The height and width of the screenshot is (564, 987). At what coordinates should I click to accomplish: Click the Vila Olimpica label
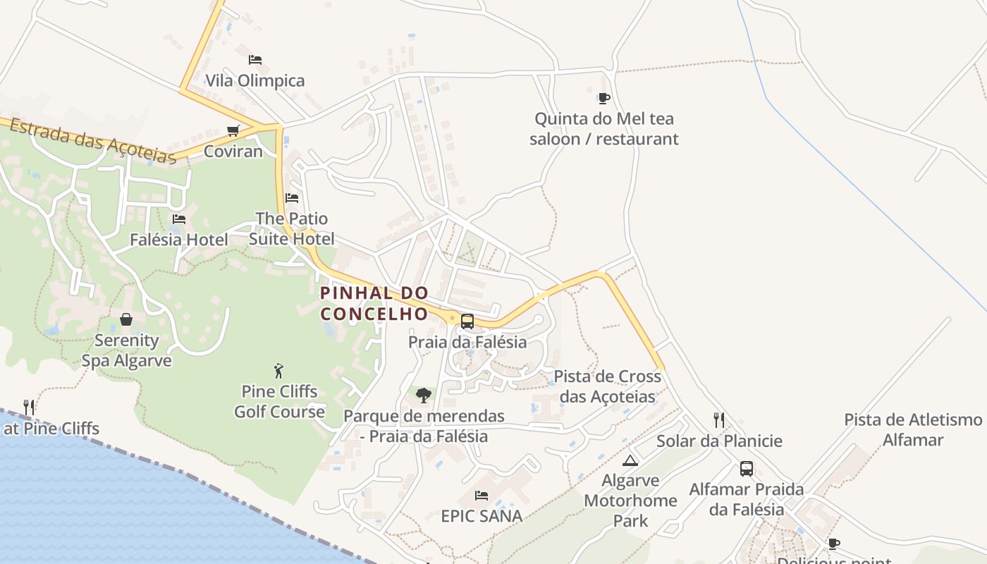point(255,80)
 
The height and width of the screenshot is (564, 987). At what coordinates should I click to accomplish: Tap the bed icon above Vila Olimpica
point(255,60)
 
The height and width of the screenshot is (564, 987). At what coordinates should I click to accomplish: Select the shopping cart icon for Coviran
point(233,130)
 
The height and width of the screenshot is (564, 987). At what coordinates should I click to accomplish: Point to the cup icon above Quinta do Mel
point(603,98)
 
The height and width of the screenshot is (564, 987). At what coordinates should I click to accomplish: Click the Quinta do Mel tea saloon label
point(604,128)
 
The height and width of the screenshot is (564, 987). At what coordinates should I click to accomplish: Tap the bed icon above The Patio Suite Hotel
point(292,198)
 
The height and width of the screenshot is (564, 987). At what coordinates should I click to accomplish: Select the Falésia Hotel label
point(179,240)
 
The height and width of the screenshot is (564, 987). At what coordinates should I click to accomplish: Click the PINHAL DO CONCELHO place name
point(374,303)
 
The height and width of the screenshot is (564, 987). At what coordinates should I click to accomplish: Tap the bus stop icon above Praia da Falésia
point(467,321)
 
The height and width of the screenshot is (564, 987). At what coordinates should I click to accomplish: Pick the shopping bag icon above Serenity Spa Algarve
point(126,320)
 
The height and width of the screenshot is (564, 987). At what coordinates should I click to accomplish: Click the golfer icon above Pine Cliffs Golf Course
point(279,371)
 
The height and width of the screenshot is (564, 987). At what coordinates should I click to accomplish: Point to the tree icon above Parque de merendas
point(424,396)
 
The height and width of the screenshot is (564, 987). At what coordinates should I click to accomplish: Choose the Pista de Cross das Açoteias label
point(608,386)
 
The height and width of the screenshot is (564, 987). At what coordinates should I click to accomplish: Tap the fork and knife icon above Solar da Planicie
point(719,420)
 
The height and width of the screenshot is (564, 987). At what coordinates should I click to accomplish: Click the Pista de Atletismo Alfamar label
point(913,430)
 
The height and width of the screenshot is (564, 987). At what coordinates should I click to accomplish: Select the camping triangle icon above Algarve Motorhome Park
point(630,461)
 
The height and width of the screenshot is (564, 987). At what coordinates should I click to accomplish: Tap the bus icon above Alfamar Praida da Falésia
point(746,469)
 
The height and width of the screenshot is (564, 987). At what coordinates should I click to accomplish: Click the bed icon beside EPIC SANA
point(482,496)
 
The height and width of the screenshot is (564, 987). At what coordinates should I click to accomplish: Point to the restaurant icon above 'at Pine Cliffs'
point(29,407)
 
